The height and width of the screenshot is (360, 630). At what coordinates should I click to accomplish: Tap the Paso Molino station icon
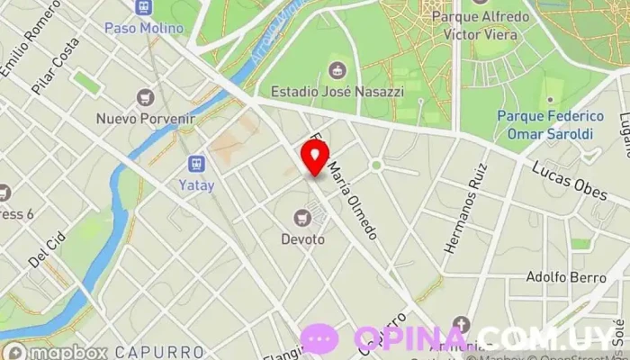tap(144, 8)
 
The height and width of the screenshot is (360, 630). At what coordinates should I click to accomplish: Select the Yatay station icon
tap(196, 164)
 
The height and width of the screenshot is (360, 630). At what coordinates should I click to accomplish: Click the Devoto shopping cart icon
tap(302, 217)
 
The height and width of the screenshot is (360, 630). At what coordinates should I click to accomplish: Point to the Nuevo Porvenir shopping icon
tap(145, 97)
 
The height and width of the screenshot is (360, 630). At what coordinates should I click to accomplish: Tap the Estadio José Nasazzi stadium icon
tap(337, 70)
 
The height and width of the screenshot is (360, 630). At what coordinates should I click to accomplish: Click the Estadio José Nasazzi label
tap(337, 91)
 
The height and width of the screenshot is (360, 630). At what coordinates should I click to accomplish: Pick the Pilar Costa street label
tap(55, 65)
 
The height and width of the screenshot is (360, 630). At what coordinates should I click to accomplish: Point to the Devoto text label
tap(302, 239)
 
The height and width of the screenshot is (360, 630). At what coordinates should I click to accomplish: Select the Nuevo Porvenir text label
tap(146, 118)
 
